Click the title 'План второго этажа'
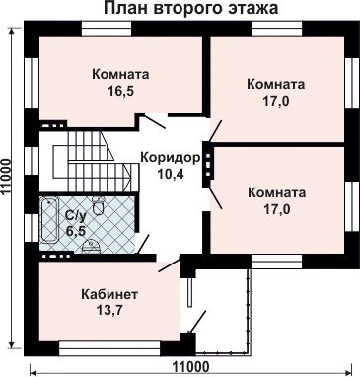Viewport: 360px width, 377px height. [191, 9]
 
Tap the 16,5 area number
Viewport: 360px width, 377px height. [120, 91]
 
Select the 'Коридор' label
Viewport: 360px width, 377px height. [171, 158]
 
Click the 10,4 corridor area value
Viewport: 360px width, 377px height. [171, 174]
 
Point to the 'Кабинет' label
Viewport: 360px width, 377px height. [109, 294]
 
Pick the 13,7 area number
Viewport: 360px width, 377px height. [109, 310]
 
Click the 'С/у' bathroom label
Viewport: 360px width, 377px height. [76, 215]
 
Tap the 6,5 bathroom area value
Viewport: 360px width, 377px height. [76, 231]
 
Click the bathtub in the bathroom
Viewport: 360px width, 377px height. [49, 221]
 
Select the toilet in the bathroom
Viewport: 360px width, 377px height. [99, 206]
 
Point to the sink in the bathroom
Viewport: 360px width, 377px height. [90, 247]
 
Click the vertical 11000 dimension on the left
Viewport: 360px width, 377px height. [7, 183]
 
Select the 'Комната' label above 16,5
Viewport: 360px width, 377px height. [120, 74]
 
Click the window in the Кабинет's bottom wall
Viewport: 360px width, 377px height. [109, 348]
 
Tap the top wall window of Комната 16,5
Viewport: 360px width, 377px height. [107, 28]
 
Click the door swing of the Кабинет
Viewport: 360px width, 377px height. [170, 265]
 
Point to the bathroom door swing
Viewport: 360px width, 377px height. [143, 244]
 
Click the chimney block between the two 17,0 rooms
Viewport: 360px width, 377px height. [208, 164]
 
